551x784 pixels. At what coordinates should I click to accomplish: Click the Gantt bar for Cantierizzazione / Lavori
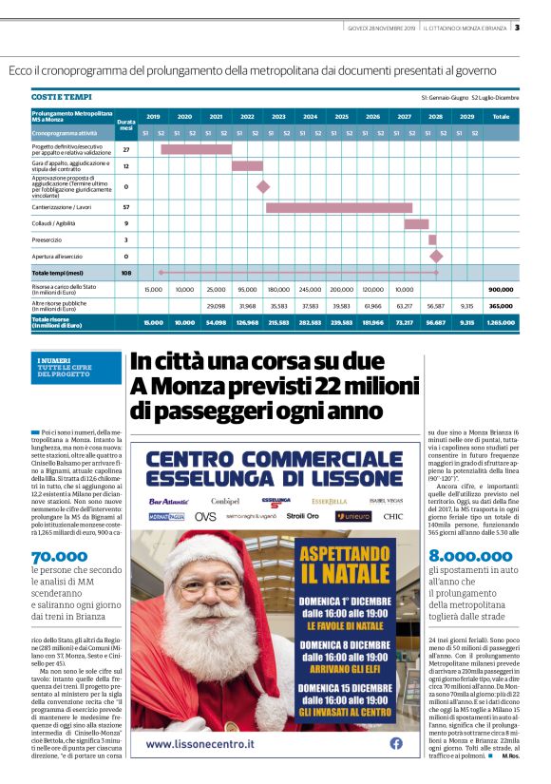[x=338, y=206]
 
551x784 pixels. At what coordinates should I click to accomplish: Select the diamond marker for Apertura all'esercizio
[x=436, y=256]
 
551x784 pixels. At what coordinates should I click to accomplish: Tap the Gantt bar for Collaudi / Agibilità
[x=416, y=223]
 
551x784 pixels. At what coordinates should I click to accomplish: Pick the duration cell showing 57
[x=126, y=206]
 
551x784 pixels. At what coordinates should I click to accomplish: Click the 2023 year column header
[x=278, y=116]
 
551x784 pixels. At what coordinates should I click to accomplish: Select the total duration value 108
[x=126, y=273]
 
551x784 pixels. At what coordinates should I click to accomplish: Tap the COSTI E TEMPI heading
[x=62, y=97]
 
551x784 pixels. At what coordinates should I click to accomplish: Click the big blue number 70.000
[x=60, y=558]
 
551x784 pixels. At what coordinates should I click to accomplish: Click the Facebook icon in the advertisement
[x=396, y=743]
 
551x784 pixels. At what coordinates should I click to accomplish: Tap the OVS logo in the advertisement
[x=205, y=516]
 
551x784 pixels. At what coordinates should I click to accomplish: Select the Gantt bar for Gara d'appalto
[x=247, y=165]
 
